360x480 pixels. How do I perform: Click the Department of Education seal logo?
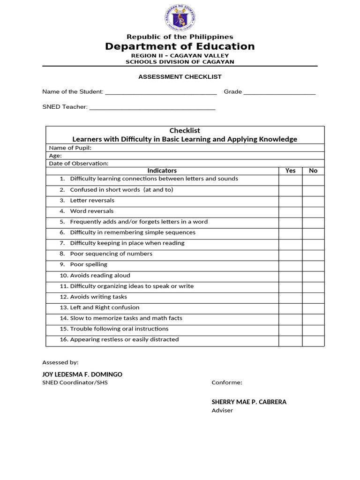[x=180, y=18]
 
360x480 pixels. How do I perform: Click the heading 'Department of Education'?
[x=180, y=46]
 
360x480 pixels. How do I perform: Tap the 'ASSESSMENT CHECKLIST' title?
[x=180, y=77]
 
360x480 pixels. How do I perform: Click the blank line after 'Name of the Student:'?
[x=161, y=92]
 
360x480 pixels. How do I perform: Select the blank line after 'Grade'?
[x=279, y=92]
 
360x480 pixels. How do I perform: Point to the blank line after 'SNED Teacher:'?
[x=152, y=107]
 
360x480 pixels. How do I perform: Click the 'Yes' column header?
[x=290, y=171]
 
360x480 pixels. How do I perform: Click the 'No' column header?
[x=313, y=171]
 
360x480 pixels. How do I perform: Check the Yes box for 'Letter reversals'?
[x=290, y=201]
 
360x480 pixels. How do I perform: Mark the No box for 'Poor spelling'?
[x=313, y=265]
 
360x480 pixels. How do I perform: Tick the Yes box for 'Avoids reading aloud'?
[x=290, y=276]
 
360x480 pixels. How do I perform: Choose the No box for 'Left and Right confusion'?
[x=313, y=308]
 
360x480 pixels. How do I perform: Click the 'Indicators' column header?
[x=162, y=171]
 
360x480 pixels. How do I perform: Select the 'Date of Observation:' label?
[x=79, y=164]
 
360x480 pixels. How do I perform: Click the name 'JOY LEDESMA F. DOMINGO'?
[x=82, y=375]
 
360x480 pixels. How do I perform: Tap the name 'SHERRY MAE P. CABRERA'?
[x=249, y=402]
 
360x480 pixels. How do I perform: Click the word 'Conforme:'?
[x=227, y=382]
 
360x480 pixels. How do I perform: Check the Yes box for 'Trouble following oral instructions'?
[x=290, y=330]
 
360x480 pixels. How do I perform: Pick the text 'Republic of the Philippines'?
[x=180, y=37]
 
